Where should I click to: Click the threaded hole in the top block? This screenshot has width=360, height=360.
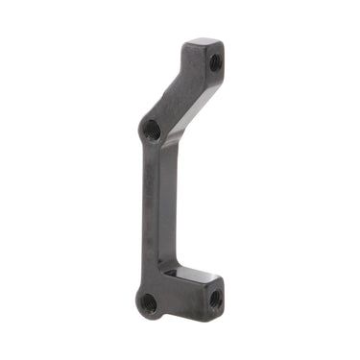pyautogui.click(x=214, y=63)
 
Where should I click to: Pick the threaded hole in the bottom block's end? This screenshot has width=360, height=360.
pyautogui.click(x=214, y=299)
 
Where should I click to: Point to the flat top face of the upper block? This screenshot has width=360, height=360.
pyautogui.click(x=204, y=44)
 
